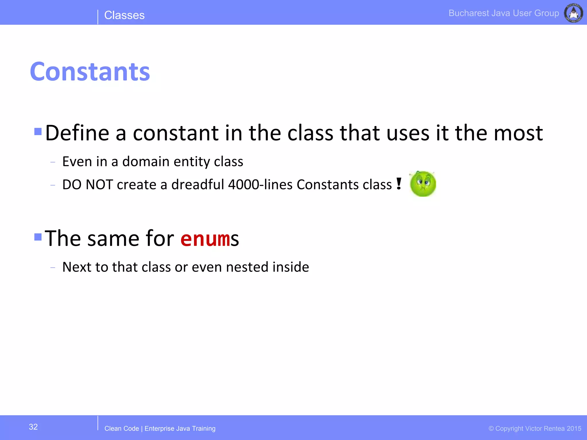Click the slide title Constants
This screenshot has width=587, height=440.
[90, 72]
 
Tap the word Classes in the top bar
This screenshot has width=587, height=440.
[124, 15]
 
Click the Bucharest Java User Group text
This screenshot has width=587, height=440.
[504, 13]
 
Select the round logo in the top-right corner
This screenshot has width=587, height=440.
[573, 13]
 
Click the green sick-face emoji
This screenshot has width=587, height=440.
[423, 184]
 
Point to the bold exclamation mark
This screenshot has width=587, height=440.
[399, 184]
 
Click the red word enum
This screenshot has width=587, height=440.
[205, 239]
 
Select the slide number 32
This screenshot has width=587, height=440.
[33, 427]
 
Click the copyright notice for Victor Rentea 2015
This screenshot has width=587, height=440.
[535, 429]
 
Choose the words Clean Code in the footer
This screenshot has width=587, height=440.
[122, 429]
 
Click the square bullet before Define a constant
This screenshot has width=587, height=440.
[38, 131]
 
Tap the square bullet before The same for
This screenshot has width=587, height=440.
[38, 237]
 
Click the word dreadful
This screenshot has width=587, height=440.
[197, 184]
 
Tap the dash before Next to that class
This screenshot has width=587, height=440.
[52, 268]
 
